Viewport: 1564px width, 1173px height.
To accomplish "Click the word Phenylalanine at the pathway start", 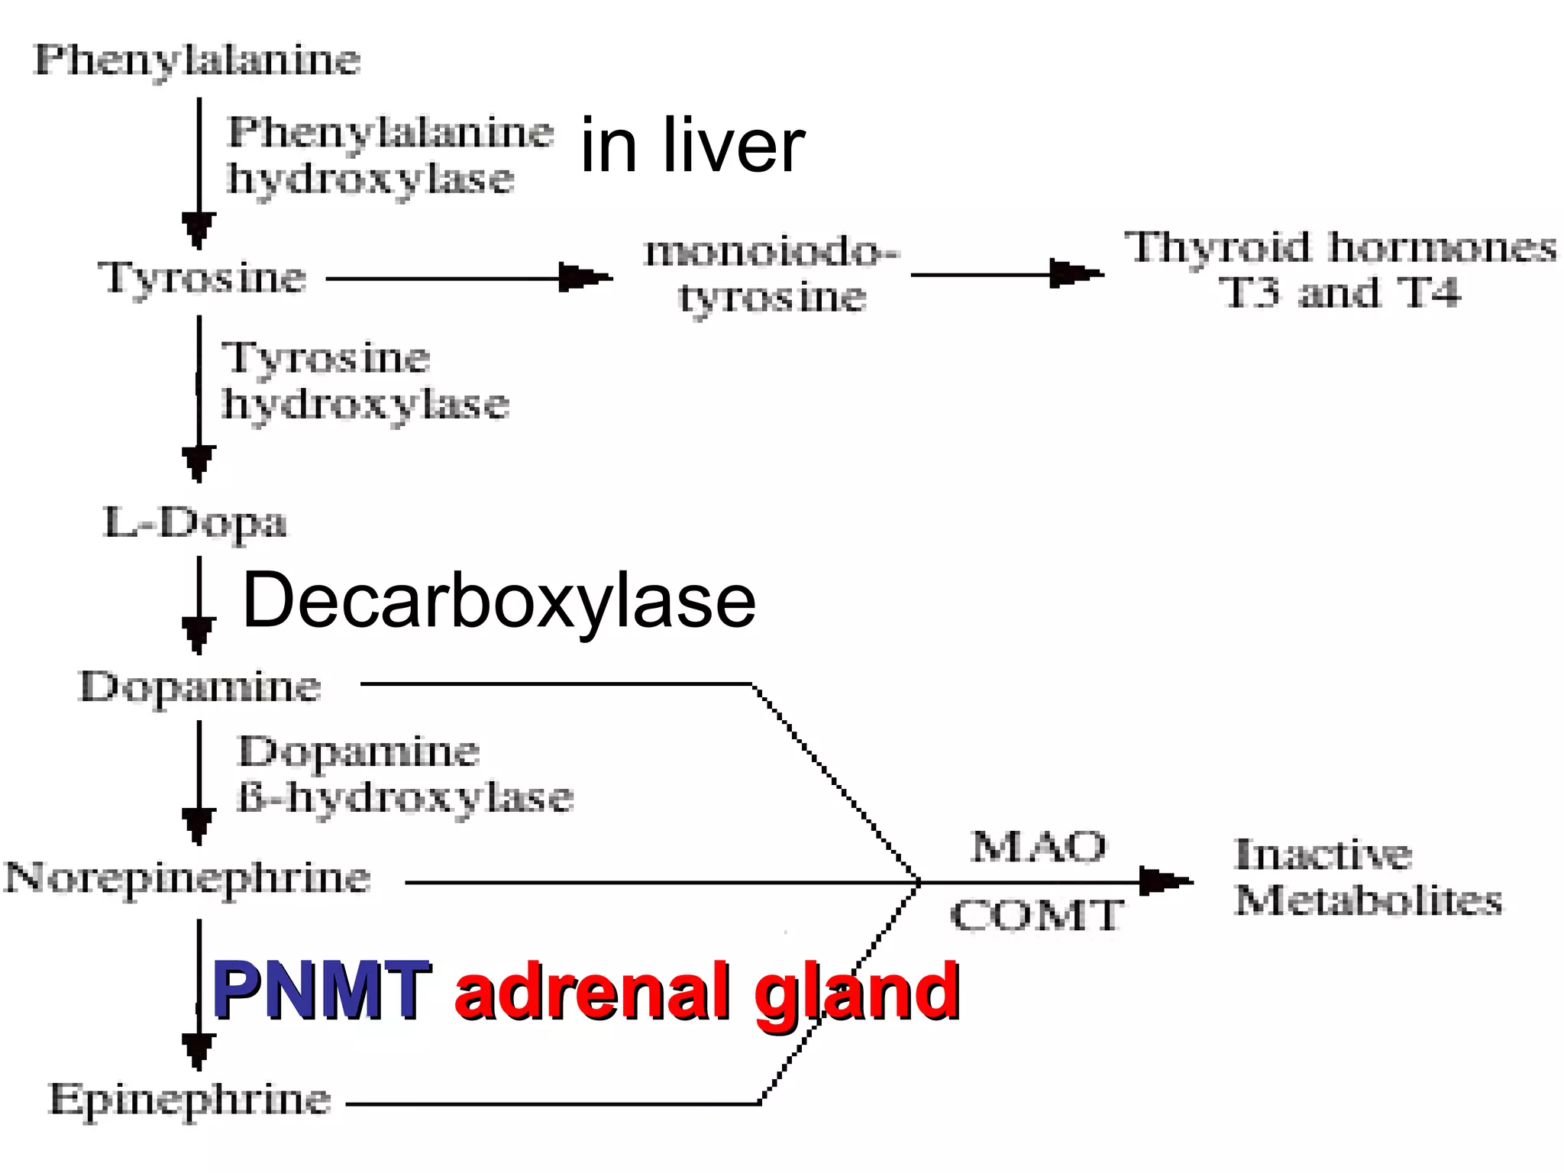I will click(x=197, y=60).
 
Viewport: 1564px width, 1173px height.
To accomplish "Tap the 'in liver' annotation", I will click(x=692, y=146).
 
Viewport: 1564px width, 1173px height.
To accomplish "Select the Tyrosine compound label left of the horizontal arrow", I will click(x=202, y=277).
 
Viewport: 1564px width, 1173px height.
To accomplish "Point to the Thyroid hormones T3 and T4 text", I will click(x=1339, y=270).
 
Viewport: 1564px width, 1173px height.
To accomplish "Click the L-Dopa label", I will click(x=195, y=523).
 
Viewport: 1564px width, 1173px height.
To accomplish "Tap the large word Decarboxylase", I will click(x=499, y=602).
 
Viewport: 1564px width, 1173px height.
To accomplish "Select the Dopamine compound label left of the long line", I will click(x=200, y=687).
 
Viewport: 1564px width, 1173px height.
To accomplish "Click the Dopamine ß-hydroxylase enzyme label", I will click(x=405, y=774).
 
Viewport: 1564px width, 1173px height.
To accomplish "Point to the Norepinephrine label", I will click(x=188, y=877).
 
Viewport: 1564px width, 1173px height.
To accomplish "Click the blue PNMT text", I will click(x=321, y=990).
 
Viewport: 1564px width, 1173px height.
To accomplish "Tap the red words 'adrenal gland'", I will click(x=706, y=990).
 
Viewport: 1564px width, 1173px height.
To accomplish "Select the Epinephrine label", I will click(x=189, y=1100).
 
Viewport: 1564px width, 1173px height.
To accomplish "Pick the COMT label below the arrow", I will click(x=1037, y=915).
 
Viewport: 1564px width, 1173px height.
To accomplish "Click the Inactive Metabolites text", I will click(x=1367, y=877).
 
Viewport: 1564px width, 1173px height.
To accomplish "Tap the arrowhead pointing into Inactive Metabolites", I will click(x=1164, y=881).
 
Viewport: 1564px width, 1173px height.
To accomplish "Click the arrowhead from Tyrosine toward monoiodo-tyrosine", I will click(x=585, y=277).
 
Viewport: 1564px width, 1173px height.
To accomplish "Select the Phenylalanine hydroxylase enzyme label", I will click(x=389, y=155).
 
